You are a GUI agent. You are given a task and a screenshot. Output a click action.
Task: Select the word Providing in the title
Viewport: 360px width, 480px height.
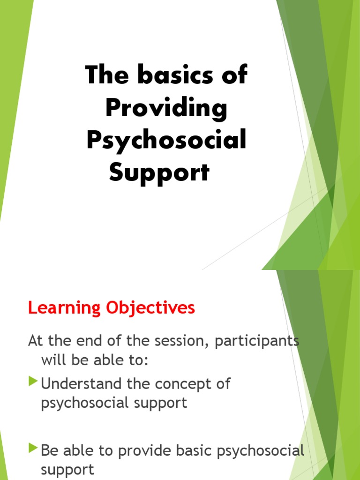[166, 108]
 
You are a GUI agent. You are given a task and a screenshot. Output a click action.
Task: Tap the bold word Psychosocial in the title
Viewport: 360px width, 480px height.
[166, 141]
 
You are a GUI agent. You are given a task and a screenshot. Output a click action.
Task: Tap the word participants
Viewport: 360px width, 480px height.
[256, 341]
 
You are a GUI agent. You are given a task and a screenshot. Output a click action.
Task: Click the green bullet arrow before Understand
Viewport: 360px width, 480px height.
[32, 382]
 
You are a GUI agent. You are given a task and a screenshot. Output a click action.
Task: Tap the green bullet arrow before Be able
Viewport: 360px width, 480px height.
[32, 449]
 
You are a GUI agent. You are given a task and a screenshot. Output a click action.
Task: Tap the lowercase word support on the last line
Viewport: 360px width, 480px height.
[67, 469]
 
